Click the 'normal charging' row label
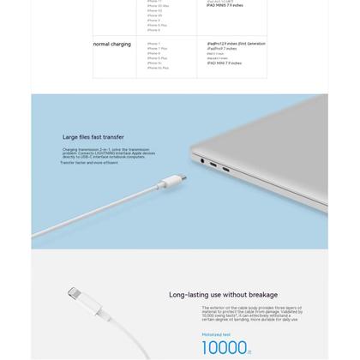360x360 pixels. (111, 44)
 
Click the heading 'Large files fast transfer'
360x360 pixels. (93, 136)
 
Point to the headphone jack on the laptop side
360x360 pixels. (201, 159)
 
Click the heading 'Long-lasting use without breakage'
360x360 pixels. (223, 294)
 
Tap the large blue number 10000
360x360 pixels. (224, 347)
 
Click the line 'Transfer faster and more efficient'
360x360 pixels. (89, 162)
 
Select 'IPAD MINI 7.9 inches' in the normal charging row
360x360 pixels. (224, 63)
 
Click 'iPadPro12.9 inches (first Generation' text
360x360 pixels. (236, 43)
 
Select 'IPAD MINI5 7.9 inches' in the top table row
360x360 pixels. (225, 5)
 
